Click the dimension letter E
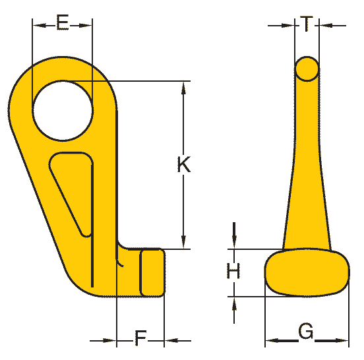point(63,22)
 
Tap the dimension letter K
point(183,164)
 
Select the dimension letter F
point(140,338)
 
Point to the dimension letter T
point(307,24)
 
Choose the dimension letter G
point(306,331)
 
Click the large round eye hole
point(63,111)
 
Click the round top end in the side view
point(307,69)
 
